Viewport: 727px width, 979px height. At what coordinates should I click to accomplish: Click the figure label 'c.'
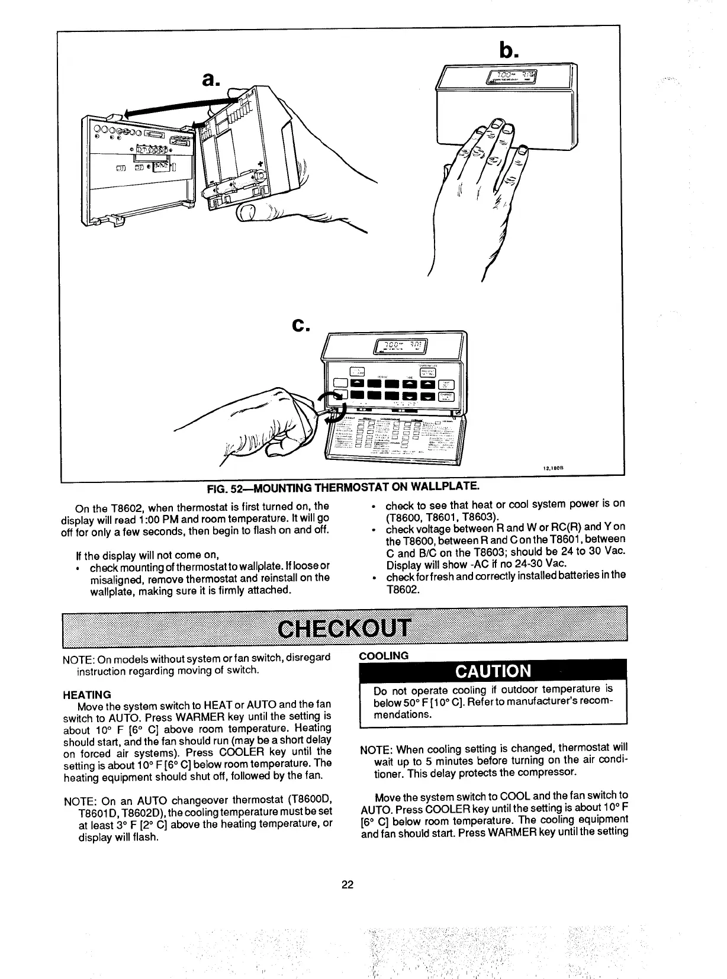(301, 324)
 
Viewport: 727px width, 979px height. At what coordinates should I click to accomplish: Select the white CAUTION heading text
(493, 671)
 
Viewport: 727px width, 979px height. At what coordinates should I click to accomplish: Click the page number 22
(348, 885)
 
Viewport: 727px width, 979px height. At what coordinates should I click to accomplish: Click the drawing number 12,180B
(552, 468)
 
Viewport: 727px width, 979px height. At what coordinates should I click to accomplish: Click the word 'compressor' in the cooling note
(546, 773)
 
